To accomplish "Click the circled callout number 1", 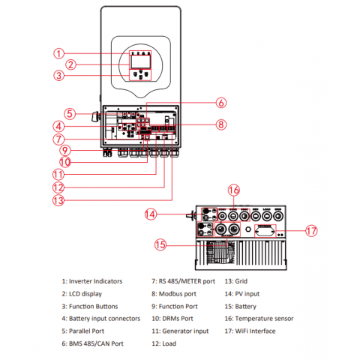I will coord(58,53).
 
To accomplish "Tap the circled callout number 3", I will coord(58,75).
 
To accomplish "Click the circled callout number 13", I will coord(58,200).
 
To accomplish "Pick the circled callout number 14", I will coord(151,214).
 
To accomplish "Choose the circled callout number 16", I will coord(234,190).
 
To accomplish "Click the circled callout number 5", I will coord(68,114).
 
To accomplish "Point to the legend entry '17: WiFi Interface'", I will coord(249,331).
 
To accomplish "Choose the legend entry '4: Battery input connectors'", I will coord(101,318).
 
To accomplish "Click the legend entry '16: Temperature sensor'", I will coord(259,318).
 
